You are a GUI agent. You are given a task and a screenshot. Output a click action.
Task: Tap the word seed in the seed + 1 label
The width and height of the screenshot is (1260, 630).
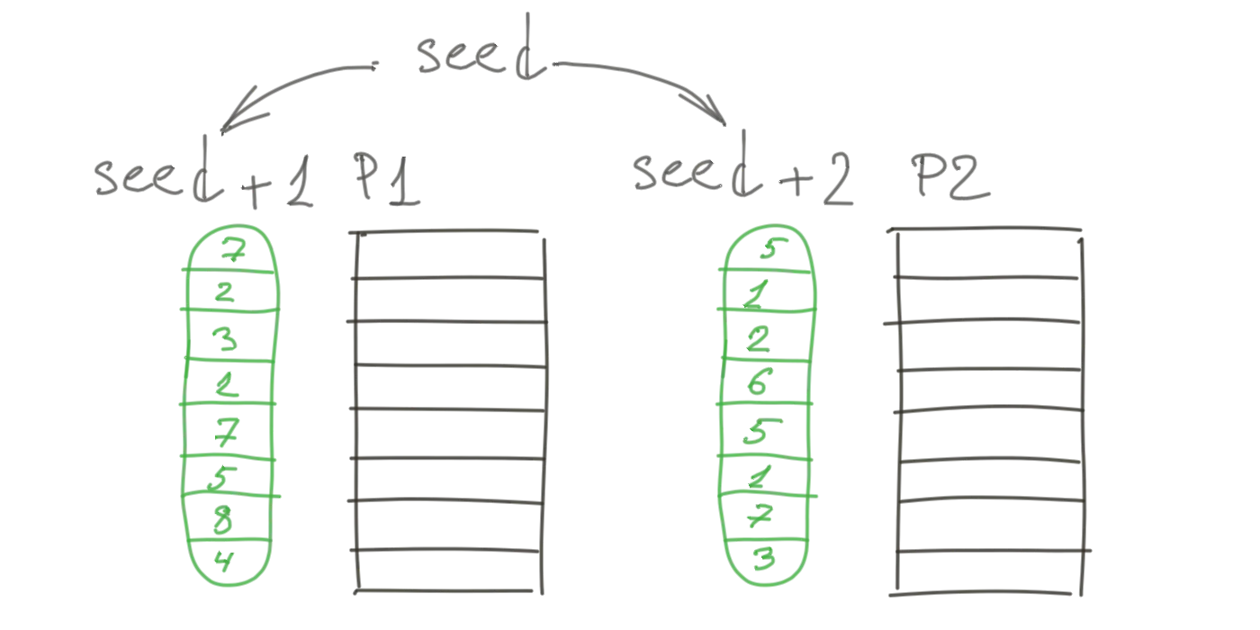click(x=153, y=180)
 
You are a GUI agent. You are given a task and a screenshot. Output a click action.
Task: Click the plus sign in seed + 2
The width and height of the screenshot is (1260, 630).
click(x=787, y=184)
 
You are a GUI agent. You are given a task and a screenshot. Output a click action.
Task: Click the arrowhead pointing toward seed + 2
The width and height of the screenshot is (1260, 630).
click(x=711, y=112)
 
